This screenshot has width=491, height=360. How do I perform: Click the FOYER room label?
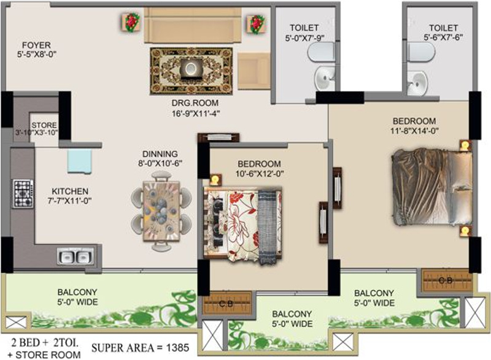click(36, 45)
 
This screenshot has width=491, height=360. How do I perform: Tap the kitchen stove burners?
click(23, 187)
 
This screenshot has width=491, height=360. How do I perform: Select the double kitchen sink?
click(75, 255)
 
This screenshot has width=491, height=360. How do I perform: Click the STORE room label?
click(44, 124)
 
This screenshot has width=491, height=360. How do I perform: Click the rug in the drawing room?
click(191, 71)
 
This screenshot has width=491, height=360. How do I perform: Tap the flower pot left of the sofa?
click(131, 23)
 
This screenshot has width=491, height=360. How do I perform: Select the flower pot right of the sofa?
click(256, 24)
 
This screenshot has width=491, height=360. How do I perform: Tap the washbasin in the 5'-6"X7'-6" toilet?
click(419, 79)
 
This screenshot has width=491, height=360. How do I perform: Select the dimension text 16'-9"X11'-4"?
click(196, 113)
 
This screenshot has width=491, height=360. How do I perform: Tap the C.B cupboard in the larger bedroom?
click(446, 280)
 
